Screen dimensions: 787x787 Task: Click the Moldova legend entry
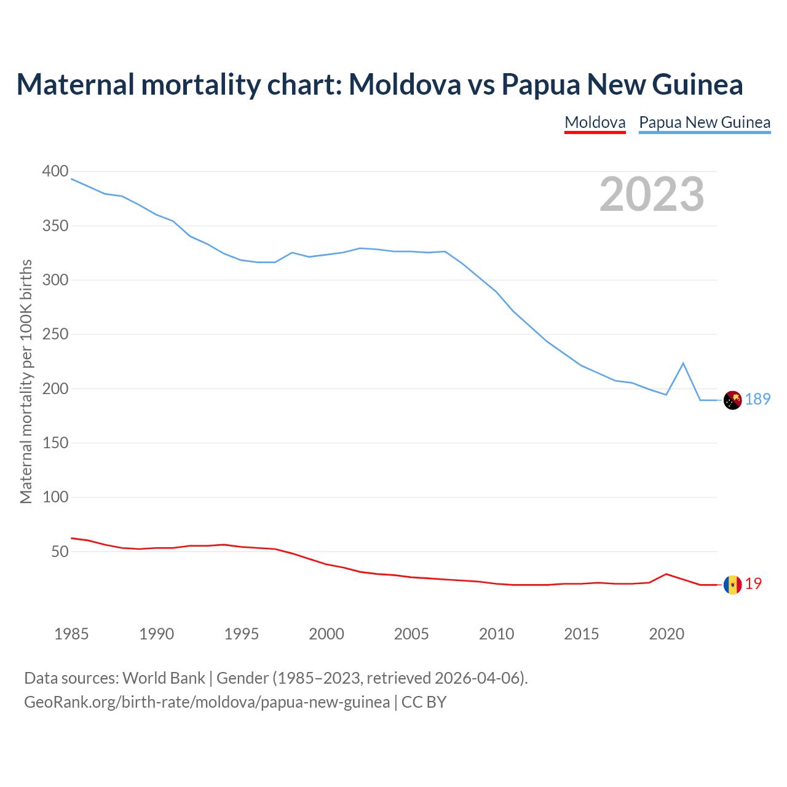[595, 122]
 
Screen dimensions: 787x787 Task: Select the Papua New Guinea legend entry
[705, 122]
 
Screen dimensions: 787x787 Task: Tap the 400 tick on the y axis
[55, 172]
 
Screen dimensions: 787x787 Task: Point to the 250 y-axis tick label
[55, 334]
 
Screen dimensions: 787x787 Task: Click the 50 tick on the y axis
[59, 552]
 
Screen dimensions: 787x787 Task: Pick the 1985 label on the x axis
[71, 634]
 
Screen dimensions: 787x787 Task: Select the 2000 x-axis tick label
[326, 634]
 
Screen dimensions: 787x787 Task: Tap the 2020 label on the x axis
[666, 634]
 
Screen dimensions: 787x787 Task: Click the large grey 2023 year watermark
[652, 194]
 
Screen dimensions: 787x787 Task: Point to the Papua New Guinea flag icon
[732, 400]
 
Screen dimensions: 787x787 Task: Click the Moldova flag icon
[732, 585]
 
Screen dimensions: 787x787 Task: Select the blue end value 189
[757, 400]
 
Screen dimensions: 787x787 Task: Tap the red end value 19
[753, 584]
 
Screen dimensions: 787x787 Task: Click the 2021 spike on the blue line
[683, 363]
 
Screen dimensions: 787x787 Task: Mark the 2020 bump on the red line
[666, 574]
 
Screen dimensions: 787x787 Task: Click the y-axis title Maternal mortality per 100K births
[26, 381]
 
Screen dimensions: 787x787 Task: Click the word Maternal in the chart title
[75, 84]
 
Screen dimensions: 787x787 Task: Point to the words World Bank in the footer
[164, 678]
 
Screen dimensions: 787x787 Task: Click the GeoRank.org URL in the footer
[207, 702]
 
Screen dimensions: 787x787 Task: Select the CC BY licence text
[424, 702]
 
